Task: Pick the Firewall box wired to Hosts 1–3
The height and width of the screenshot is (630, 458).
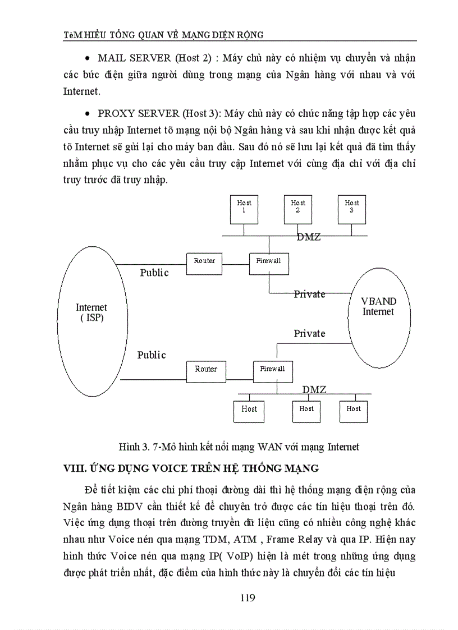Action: point(269,263)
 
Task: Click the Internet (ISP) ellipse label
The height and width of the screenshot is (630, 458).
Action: point(91,312)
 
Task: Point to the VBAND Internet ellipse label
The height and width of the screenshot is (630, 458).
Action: point(378,306)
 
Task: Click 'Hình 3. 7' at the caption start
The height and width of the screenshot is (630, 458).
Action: point(138,447)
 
